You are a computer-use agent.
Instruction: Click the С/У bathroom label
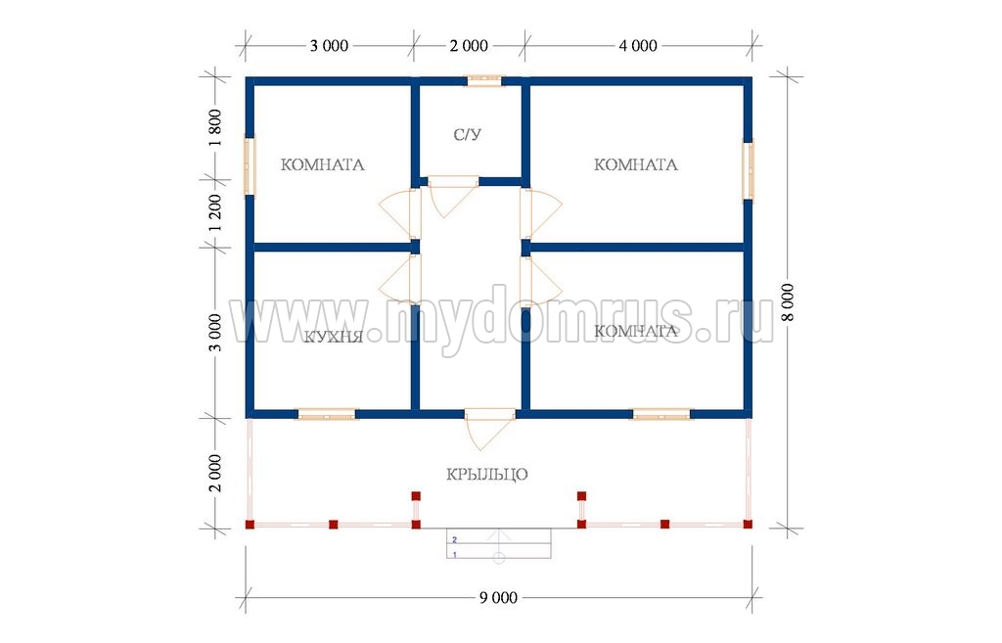point(467,134)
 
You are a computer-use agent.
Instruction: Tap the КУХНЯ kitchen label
point(333,337)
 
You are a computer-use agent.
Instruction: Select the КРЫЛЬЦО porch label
point(487,475)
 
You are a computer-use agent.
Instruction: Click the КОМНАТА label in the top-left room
point(323,164)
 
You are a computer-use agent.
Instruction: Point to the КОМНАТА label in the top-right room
point(636,164)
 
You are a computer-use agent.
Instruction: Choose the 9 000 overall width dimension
point(498,598)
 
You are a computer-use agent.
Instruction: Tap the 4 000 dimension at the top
point(638,46)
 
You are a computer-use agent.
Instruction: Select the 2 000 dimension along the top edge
point(469,46)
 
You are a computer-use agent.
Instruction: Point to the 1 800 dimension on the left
point(215,128)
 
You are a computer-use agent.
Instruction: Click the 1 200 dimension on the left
point(215,212)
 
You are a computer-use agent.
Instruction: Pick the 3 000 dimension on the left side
point(215,333)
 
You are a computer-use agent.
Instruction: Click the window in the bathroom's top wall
point(484,80)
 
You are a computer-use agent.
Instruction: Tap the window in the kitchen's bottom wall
point(327,414)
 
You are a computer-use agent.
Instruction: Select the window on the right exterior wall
point(748,170)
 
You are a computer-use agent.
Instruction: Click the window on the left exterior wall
point(250,166)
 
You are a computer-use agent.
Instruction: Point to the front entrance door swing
point(488,430)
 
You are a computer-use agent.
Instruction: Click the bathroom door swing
point(451,196)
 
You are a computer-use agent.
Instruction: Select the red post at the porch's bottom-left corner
point(250,525)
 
